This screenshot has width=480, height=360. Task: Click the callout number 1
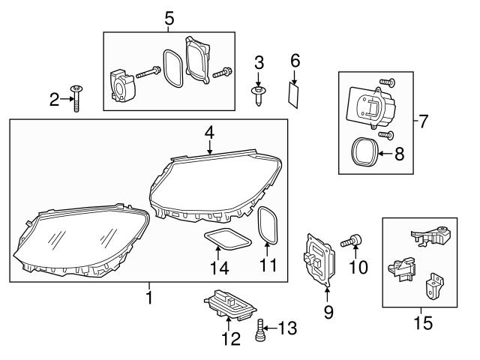tap(148, 298)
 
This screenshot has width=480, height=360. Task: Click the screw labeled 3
tap(258, 94)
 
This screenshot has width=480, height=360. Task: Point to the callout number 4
tap(210, 131)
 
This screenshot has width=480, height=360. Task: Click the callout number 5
tap(169, 19)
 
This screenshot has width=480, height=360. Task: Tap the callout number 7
tap(424, 121)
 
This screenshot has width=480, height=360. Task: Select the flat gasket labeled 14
tap(228, 240)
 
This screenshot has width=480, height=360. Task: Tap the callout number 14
tap(218, 268)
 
